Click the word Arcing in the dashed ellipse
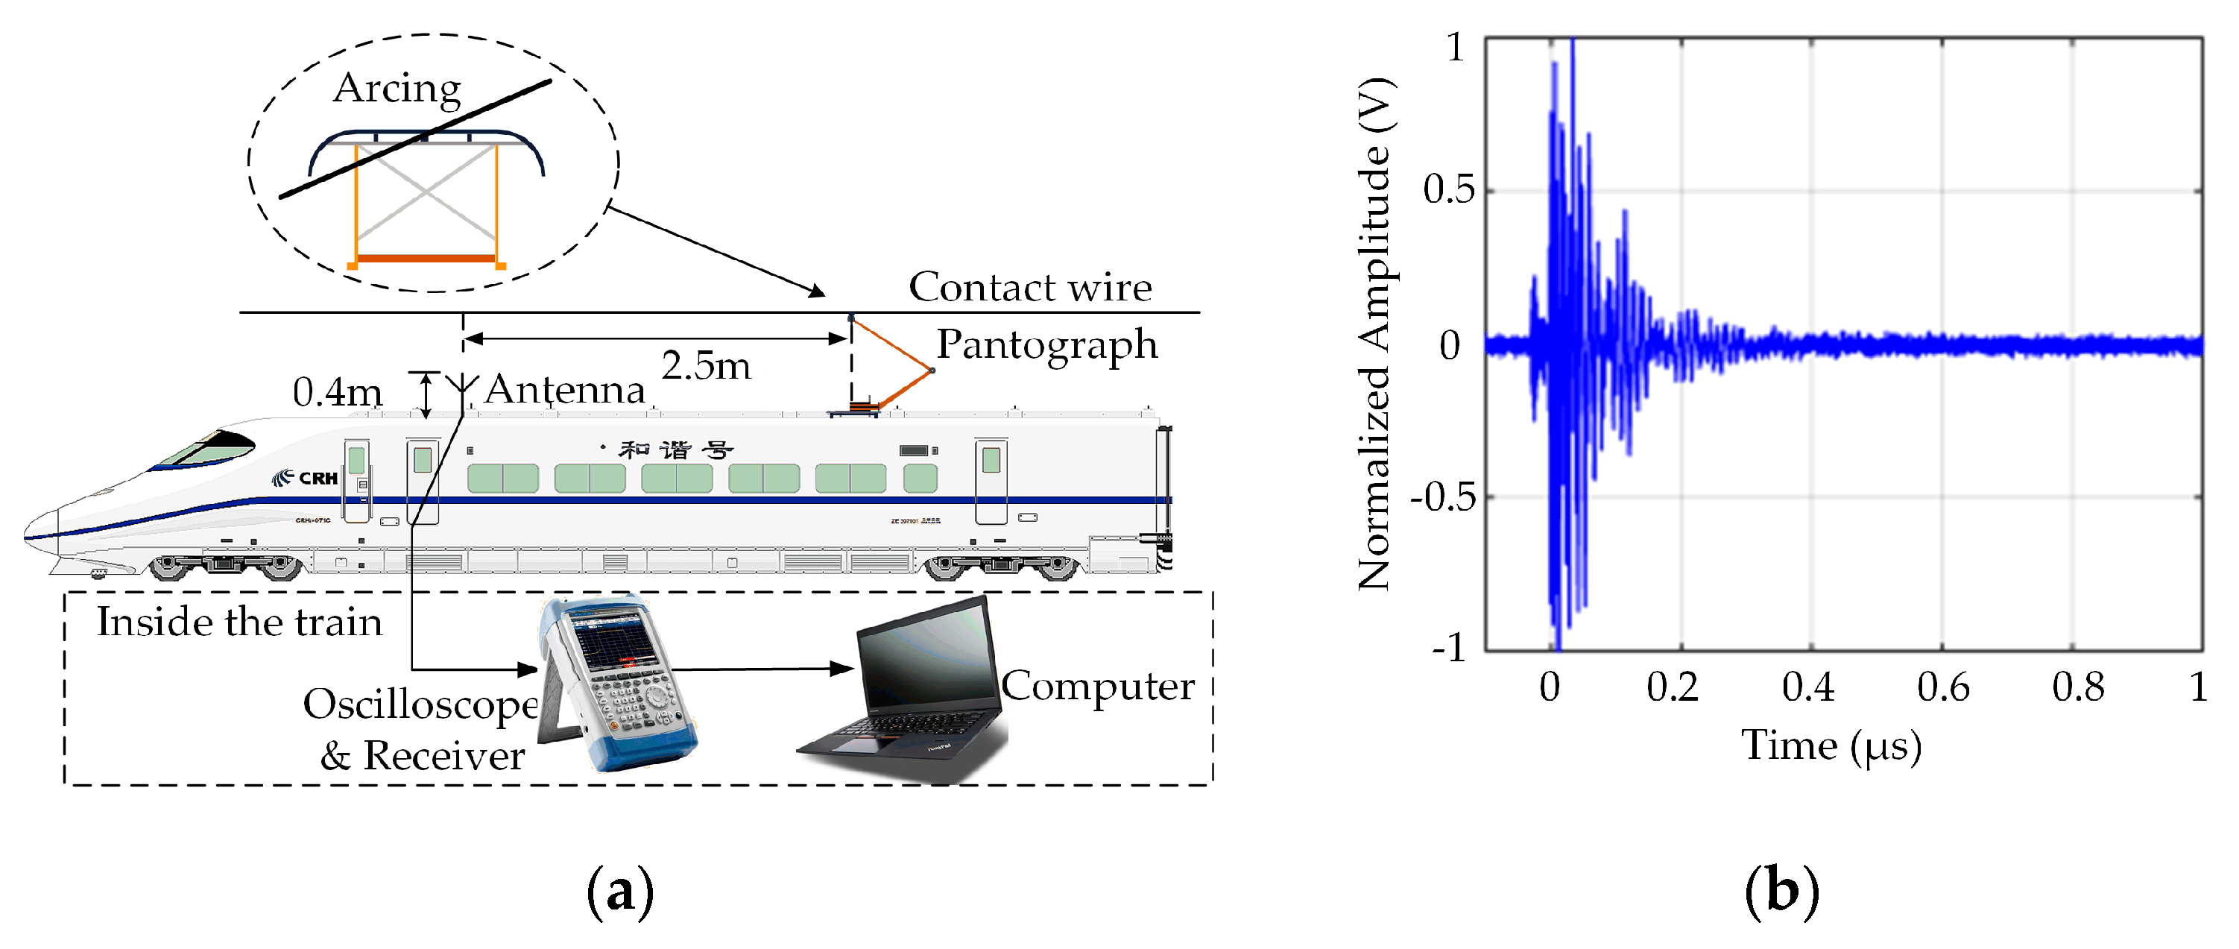pos(397,89)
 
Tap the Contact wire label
pos(1030,287)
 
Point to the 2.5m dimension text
pos(706,366)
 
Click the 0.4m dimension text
pos(337,393)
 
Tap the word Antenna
pos(565,389)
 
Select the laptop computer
pos(909,691)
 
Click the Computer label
pos(1098,687)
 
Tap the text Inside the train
pos(239,622)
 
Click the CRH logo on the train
pos(306,478)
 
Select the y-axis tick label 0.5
pos(1448,189)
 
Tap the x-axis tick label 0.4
pos(1808,687)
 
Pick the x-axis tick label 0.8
pos(2078,687)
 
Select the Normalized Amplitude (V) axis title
pos(1375,335)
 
